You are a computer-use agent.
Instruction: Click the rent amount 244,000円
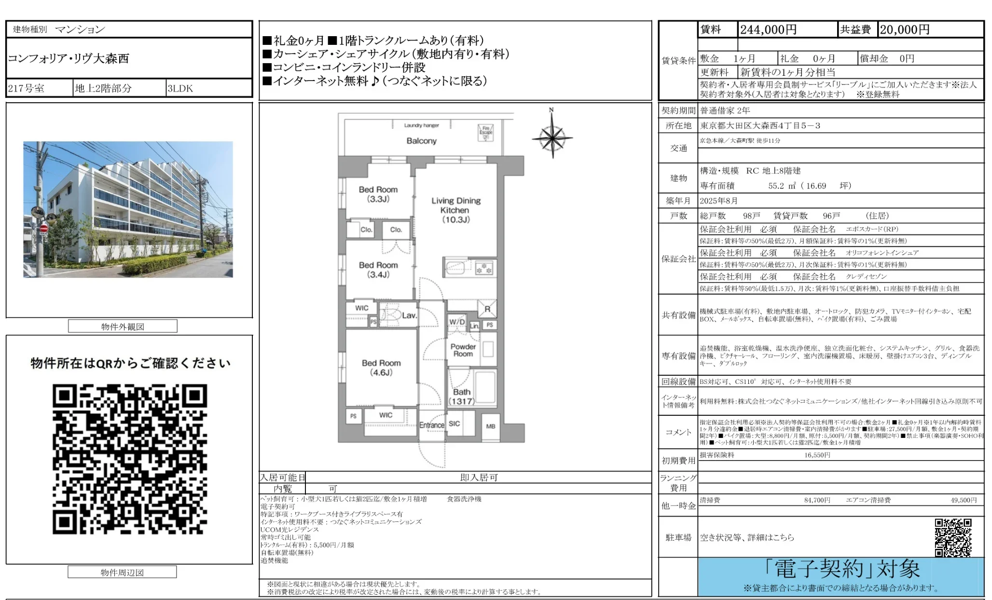(768, 30)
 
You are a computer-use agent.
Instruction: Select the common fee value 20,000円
(904, 30)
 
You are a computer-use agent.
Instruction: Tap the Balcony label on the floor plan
(421, 141)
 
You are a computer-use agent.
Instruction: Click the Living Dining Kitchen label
(455, 210)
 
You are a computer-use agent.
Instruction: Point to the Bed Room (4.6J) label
(381, 368)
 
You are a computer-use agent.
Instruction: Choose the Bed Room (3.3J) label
(378, 194)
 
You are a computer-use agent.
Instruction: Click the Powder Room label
(463, 350)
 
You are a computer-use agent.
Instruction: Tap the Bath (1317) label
(461, 396)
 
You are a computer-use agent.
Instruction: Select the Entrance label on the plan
(431, 425)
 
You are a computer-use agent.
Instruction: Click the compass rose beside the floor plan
(552, 137)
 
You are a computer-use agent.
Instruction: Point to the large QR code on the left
(130, 459)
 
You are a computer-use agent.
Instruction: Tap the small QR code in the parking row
(953, 537)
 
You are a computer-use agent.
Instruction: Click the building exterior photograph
(128, 209)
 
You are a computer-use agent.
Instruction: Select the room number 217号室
(26, 88)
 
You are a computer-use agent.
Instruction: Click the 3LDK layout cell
(180, 88)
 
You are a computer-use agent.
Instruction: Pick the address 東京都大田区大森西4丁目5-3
(760, 126)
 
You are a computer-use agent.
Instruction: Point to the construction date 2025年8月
(718, 201)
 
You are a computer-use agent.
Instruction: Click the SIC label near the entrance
(454, 423)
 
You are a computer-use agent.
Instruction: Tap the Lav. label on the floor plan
(409, 315)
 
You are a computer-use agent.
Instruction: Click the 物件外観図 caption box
(123, 327)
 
